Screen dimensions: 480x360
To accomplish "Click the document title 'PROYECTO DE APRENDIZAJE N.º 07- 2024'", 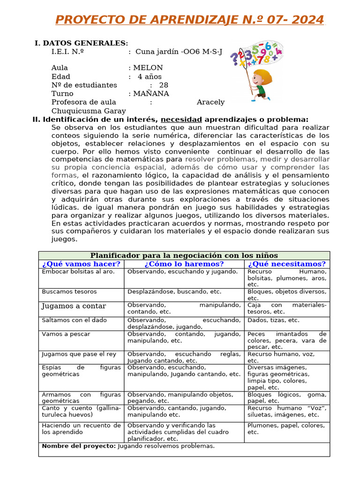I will tap(189, 20).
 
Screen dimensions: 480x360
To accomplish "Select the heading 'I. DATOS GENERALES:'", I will tap(81, 43).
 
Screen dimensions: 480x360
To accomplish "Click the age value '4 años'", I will tap(150, 76).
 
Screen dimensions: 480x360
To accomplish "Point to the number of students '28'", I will tap(164, 85).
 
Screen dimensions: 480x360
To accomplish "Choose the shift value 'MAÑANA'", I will tap(151, 93).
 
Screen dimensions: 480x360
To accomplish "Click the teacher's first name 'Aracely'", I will tap(210, 102).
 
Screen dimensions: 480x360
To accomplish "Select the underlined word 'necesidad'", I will tap(181, 119).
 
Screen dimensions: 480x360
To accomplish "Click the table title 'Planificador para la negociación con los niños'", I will tap(184, 255).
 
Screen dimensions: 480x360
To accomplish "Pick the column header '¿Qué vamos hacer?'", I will tap(81, 264).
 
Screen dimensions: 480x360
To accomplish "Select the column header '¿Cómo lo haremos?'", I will tap(184, 264).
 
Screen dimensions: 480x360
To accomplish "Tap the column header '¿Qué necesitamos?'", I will tap(287, 264).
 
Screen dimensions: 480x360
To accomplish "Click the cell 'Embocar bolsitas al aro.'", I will tap(78, 272).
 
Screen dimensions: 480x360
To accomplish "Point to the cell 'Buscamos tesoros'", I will tap(69, 292).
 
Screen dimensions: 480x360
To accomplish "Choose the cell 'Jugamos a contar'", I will tap(74, 306).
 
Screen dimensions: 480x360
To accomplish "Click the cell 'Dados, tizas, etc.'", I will tap(273, 320).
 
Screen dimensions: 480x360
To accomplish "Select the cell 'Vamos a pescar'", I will tap(66, 334).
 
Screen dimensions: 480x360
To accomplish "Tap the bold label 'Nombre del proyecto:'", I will tap(79, 446).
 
